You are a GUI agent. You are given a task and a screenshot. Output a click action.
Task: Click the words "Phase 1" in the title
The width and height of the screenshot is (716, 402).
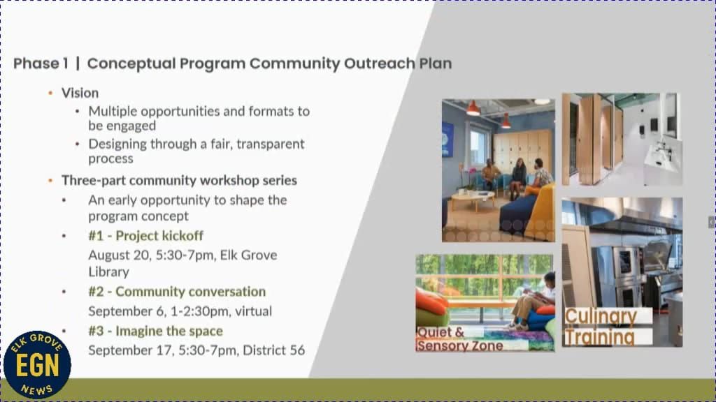point(41,64)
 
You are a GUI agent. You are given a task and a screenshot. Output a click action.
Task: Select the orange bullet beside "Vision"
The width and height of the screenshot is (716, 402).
point(50,93)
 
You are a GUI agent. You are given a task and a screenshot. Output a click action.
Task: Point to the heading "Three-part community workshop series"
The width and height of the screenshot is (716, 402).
point(179,180)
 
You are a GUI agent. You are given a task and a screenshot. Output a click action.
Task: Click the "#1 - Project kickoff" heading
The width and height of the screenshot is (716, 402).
point(145,236)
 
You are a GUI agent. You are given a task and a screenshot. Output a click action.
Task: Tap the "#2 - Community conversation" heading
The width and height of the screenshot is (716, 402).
point(177,292)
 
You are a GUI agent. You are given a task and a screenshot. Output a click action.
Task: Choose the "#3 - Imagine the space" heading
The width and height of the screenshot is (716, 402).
point(155,331)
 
